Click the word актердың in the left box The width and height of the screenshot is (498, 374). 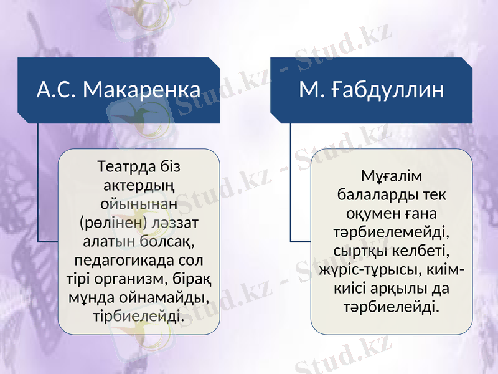(138, 186)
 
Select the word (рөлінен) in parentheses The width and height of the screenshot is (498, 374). (113, 221)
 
